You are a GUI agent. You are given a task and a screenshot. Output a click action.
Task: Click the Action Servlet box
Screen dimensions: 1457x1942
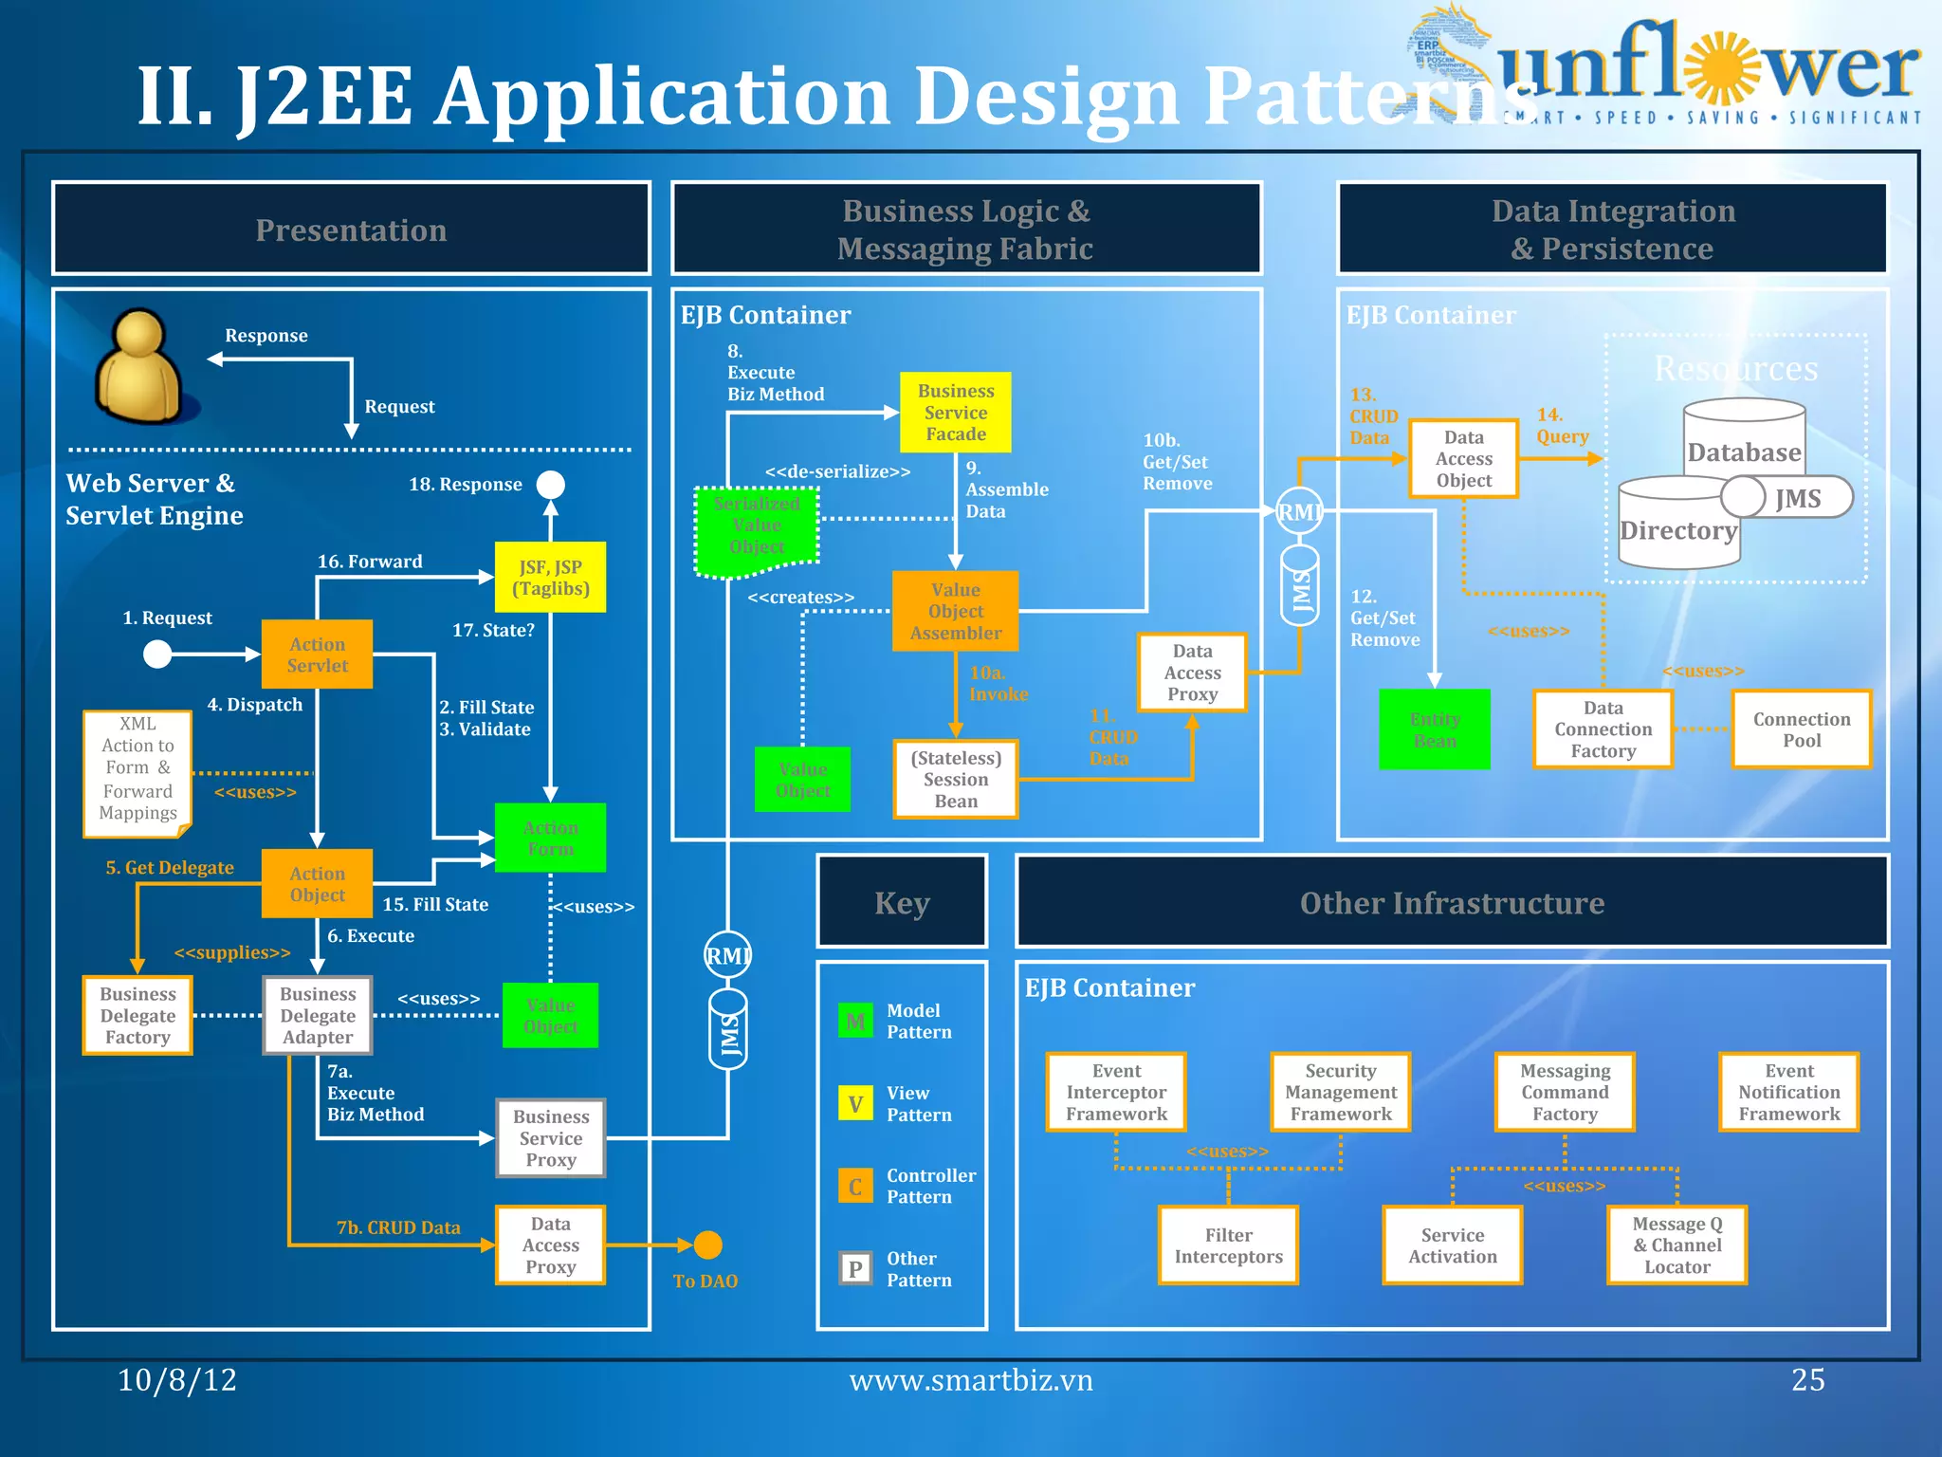click(x=317, y=655)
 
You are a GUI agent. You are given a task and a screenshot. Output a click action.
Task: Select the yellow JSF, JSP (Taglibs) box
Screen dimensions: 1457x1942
click(x=550, y=578)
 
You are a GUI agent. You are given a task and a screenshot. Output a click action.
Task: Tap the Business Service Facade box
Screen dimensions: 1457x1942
click(x=956, y=413)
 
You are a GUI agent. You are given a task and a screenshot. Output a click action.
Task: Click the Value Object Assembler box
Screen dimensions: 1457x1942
click(x=956, y=612)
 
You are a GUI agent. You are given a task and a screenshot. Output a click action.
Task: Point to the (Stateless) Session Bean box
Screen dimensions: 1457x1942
click(x=956, y=780)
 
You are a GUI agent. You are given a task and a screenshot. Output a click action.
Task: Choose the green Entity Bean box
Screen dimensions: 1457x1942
click(x=1435, y=729)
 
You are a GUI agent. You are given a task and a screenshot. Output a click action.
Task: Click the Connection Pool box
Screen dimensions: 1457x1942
click(x=1802, y=729)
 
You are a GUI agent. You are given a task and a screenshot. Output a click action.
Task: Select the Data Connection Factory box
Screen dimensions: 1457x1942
click(x=1603, y=729)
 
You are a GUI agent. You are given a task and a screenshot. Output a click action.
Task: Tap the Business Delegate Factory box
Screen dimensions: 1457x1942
click(x=137, y=1016)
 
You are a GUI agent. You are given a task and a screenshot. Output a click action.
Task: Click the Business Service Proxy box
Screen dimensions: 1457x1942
click(x=551, y=1138)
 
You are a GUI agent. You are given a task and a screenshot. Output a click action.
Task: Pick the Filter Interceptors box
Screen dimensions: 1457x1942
click(x=1228, y=1245)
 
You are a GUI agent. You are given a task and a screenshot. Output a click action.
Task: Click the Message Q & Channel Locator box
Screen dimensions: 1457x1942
click(x=1676, y=1245)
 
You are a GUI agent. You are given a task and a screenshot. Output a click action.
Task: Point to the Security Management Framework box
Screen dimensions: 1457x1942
click(x=1341, y=1093)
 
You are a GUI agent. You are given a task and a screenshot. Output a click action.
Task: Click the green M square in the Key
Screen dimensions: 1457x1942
click(x=855, y=1022)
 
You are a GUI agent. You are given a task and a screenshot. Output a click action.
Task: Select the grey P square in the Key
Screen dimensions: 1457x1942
click(x=855, y=1268)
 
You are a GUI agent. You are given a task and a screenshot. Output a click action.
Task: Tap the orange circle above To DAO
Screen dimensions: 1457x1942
click(x=707, y=1245)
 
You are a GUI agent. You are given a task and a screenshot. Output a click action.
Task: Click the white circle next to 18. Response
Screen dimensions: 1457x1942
click(x=550, y=485)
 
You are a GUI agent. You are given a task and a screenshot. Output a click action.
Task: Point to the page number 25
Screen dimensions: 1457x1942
click(x=1807, y=1379)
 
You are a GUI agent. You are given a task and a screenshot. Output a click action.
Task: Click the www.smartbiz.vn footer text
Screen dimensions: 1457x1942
click(x=971, y=1380)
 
